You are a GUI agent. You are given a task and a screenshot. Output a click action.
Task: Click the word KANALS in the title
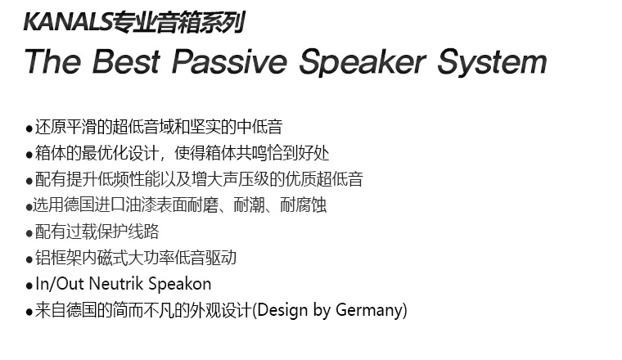68,22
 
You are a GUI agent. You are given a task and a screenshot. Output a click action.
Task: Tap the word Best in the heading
126,61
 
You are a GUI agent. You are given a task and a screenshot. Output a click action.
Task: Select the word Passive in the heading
229,61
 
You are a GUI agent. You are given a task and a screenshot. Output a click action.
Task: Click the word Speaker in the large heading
363,62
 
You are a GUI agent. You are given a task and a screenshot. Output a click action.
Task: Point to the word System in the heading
493,62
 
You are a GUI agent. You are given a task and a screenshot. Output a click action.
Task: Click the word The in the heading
52,61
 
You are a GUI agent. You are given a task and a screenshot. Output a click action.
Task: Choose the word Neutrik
116,284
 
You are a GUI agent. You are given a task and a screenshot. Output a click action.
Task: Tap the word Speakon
180,285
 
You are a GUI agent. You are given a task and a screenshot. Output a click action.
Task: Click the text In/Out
60,284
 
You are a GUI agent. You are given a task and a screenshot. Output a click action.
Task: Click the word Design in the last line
282,310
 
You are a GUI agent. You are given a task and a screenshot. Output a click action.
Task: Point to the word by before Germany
322,310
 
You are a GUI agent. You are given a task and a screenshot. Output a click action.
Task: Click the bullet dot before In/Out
29,286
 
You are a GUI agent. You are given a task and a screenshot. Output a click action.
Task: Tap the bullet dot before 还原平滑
29,128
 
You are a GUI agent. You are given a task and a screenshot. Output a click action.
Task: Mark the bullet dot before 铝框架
29,259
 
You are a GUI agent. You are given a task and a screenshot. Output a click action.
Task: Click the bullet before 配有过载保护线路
29,233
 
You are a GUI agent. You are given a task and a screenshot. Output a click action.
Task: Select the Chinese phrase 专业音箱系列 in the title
178,23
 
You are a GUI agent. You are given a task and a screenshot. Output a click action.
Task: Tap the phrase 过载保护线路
113,232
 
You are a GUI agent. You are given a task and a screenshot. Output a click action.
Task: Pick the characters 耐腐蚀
304,205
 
